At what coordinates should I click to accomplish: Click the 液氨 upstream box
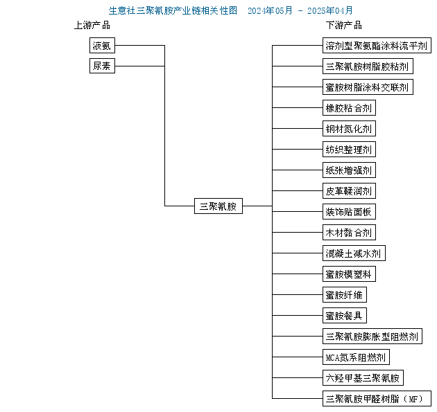click(x=102, y=45)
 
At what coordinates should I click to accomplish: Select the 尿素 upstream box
click(x=102, y=66)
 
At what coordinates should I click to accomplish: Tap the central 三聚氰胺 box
click(x=218, y=206)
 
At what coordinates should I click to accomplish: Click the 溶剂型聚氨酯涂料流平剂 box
click(x=377, y=45)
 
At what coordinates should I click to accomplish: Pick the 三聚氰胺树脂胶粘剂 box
click(x=368, y=66)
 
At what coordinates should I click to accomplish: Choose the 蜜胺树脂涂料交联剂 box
click(x=368, y=87)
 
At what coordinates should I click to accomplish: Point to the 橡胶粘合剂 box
click(x=349, y=107)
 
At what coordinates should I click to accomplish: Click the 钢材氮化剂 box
click(x=349, y=129)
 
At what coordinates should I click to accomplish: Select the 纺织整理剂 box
click(x=349, y=150)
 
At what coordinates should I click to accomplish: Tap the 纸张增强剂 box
click(x=349, y=170)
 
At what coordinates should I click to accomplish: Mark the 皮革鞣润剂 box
click(x=349, y=191)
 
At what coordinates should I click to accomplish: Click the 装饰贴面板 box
click(x=349, y=212)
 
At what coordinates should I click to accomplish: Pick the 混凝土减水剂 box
click(x=354, y=253)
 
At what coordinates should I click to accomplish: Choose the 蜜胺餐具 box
click(x=345, y=316)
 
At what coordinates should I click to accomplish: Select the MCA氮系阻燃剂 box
click(x=356, y=357)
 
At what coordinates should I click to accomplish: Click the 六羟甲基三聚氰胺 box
click(x=363, y=378)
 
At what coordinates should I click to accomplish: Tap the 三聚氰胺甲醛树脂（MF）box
click(x=377, y=399)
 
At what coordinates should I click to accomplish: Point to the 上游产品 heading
click(x=92, y=26)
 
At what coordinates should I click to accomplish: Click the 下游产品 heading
click(x=344, y=26)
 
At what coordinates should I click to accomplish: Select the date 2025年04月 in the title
click(x=330, y=10)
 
